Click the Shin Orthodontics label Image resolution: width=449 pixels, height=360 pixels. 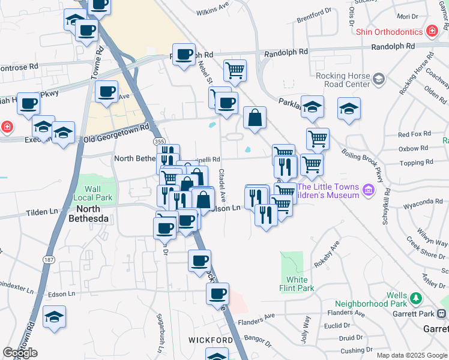pyautogui.click(x=389, y=31)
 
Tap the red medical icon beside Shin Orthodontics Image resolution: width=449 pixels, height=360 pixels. pyautogui.click(x=431, y=31)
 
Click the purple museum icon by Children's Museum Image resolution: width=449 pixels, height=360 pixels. pyautogui.click(x=368, y=191)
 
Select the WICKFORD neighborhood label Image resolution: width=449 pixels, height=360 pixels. pyautogui.click(x=210, y=340)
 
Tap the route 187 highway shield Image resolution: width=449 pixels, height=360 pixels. pyautogui.click(x=49, y=259)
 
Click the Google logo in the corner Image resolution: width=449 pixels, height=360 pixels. pyautogui.click(x=20, y=352)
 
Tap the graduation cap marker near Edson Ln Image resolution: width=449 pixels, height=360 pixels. pyautogui.click(x=55, y=316)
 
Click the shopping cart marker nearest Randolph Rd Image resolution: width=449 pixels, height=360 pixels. pyautogui.click(x=235, y=70)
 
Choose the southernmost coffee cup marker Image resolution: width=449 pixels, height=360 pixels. pyautogui.click(x=217, y=294)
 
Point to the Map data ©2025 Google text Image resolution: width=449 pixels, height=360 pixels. pyautogui.click(x=411, y=355)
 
